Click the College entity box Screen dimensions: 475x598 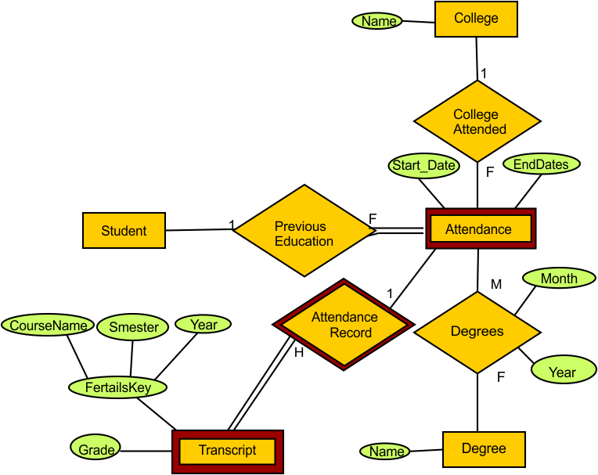[x=476, y=19]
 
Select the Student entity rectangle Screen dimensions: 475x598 [x=124, y=231]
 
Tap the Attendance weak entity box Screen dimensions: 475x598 [x=479, y=229]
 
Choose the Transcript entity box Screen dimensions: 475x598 [x=227, y=451]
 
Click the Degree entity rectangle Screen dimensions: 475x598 [x=483, y=449]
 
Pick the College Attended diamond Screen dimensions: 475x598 [x=477, y=122]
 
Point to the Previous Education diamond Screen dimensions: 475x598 [x=304, y=233]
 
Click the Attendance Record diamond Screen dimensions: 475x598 [x=344, y=325]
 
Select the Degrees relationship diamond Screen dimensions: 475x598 [x=477, y=332]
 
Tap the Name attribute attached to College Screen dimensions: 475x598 [x=379, y=21]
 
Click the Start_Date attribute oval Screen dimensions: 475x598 [x=423, y=166]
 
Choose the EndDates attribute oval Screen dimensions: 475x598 [x=541, y=164]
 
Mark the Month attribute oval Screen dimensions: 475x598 [x=559, y=279]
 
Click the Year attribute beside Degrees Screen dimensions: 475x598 [x=562, y=372]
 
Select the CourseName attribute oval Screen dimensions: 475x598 [x=47, y=326]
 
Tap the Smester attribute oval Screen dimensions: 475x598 [x=133, y=327]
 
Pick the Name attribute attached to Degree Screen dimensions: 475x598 [x=386, y=451]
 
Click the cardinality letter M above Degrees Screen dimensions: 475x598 [x=496, y=283]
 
